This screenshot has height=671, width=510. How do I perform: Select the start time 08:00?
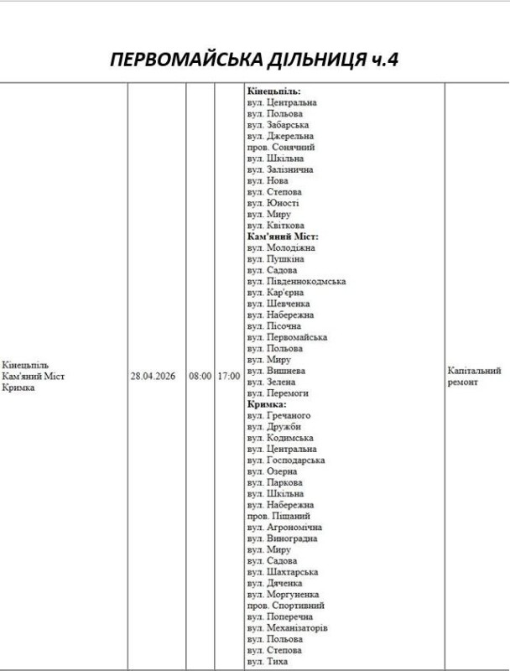[x=200, y=377]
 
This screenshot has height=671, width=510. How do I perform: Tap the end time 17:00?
[x=228, y=377]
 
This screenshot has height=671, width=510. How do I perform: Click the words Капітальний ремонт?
[x=474, y=376]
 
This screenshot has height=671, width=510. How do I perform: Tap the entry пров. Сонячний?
[x=280, y=147]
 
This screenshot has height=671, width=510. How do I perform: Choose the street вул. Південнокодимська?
[x=296, y=282]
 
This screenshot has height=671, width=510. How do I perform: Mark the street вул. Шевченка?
[x=278, y=304]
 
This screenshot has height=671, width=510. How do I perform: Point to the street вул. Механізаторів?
[x=287, y=627]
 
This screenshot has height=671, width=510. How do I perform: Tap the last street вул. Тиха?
[x=268, y=661]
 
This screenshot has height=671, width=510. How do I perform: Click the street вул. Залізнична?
[x=280, y=169]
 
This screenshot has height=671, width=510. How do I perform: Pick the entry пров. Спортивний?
[x=285, y=605]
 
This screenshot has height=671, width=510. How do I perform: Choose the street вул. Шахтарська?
[x=281, y=572]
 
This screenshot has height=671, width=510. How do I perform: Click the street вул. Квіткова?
[x=275, y=226]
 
